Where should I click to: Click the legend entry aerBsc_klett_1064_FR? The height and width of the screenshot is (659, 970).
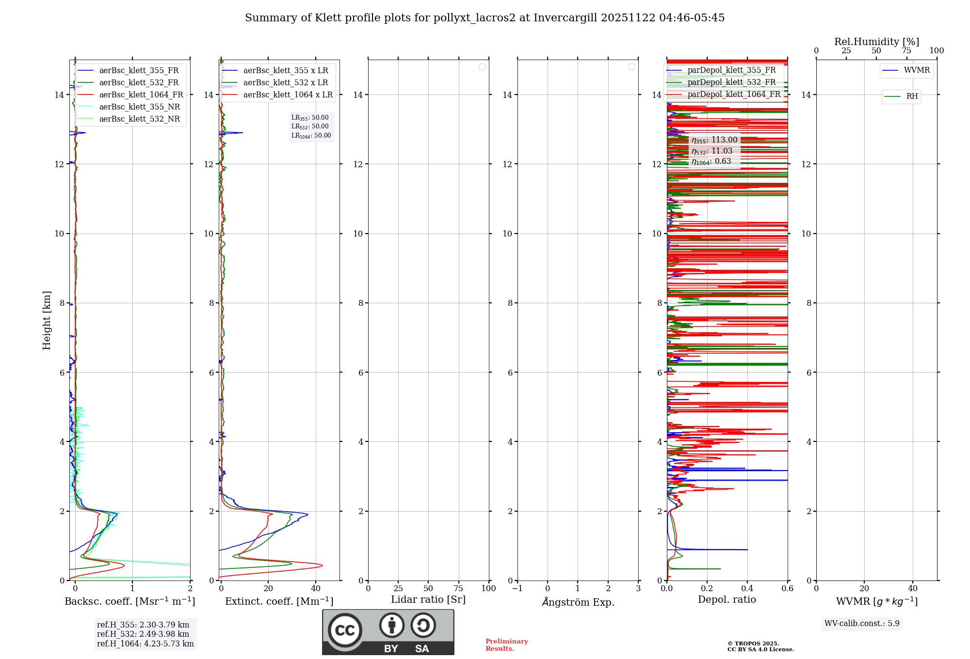coord(141,95)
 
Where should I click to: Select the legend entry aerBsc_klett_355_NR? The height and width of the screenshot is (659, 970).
coord(139,107)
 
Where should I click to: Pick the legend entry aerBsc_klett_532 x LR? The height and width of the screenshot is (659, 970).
coord(285,83)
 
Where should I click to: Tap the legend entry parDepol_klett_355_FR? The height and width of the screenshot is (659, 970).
coord(731,70)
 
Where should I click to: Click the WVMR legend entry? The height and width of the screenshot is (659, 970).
coord(917,70)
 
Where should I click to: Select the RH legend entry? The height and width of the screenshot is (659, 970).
coord(912,96)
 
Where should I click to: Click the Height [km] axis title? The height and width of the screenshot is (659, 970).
coord(47,320)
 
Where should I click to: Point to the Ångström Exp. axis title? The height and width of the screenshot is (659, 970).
coord(578,602)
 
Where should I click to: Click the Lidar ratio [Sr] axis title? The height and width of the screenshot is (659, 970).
coord(428,600)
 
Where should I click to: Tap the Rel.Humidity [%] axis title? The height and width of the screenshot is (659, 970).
coord(876,42)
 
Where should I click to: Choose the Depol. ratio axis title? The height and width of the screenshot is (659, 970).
coord(727,600)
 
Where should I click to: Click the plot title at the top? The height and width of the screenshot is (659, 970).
coord(485,18)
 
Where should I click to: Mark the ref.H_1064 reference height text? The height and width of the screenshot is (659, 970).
coord(145,644)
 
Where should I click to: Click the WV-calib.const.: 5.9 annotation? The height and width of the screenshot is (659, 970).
coord(862,624)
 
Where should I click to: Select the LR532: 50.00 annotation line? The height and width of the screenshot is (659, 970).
coord(310,126)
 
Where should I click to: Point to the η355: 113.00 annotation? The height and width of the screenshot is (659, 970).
coord(714,140)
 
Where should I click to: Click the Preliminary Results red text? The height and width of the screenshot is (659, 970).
coord(506,645)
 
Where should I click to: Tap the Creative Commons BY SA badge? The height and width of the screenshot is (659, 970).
coord(388,632)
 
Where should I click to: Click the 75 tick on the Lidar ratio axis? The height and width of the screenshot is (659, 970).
coord(458,589)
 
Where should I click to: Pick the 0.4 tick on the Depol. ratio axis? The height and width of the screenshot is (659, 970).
coord(747,589)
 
